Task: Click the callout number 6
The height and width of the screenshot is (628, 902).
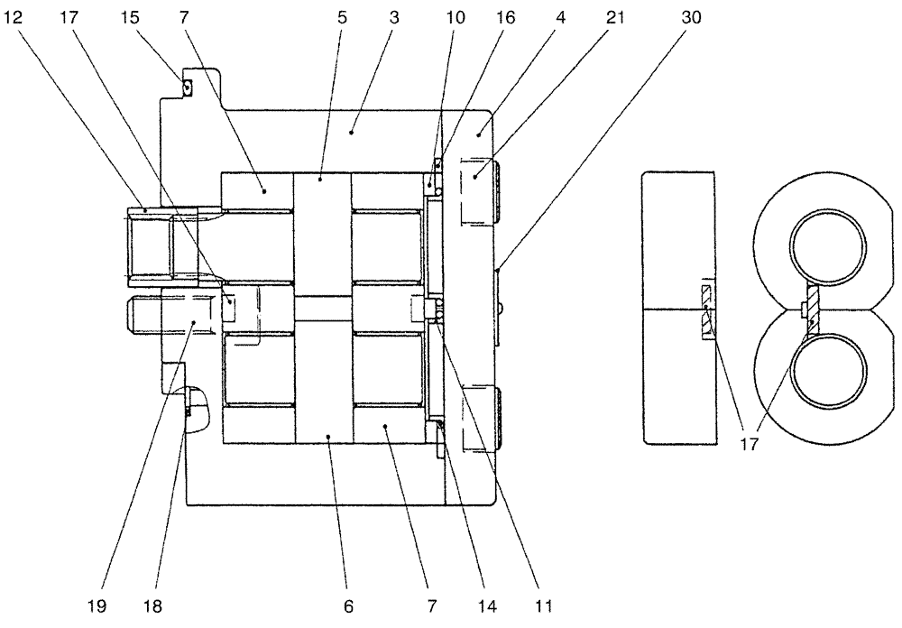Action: point(348,606)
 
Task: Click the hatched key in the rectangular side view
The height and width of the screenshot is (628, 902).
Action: point(706,312)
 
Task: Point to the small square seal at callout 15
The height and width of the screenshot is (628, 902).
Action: point(187,87)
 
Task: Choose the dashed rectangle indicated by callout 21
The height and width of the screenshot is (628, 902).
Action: point(478,191)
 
